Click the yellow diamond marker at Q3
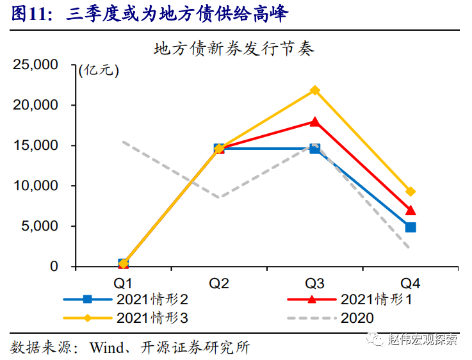[x=314, y=90]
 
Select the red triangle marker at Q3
[x=314, y=121]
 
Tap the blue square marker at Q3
[x=314, y=148]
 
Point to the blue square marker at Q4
[x=411, y=227]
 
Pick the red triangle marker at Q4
[x=411, y=210]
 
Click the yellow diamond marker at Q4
[x=411, y=192]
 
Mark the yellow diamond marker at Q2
[x=219, y=148]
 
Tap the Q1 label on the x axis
[x=123, y=282]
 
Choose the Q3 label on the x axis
[x=314, y=282]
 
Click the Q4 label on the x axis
[x=411, y=282]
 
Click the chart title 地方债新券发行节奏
[x=234, y=48]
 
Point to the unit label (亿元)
[x=99, y=70]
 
